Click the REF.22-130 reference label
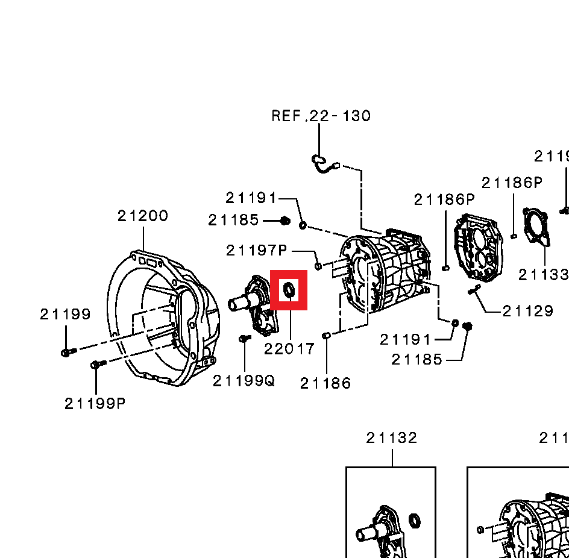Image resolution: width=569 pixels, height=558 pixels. tap(321, 116)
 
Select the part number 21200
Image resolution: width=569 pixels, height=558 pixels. tap(143, 216)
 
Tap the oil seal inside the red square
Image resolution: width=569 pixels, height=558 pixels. tap(289, 290)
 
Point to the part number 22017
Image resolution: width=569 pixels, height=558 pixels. tap(289, 349)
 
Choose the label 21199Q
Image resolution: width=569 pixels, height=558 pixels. tap(244, 381)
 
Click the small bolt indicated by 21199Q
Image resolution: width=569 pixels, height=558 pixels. tap(244, 339)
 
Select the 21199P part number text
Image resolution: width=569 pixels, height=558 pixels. tap(95, 404)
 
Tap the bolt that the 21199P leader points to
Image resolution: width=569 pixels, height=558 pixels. tap(96, 365)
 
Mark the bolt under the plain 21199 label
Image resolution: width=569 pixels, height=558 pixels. tap(67, 351)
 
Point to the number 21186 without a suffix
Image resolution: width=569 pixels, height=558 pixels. tap(325, 383)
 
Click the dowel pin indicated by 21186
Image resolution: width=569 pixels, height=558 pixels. tap(326, 335)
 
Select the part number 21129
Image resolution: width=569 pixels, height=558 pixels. tap(528, 311)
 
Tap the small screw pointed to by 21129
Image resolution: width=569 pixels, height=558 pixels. tap(473, 289)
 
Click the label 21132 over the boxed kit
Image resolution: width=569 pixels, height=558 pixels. tap(392, 438)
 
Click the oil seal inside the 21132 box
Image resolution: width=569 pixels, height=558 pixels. tap(415, 520)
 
